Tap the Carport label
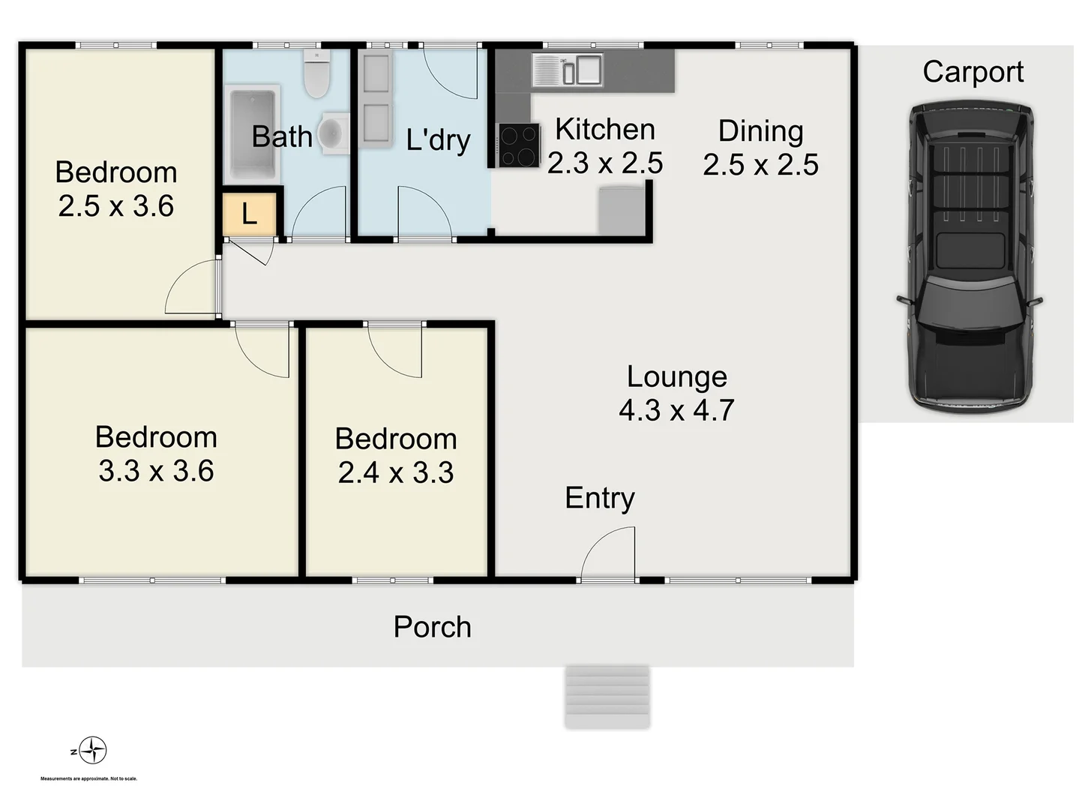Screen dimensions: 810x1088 click(x=973, y=72)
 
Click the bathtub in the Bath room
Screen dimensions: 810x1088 click(x=253, y=134)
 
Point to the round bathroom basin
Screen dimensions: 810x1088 click(x=332, y=133)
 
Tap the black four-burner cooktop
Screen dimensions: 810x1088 click(x=519, y=145)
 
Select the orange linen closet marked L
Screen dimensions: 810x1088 click(x=250, y=215)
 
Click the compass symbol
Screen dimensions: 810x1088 click(x=92, y=750)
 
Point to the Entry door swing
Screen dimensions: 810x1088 click(x=610, y=553)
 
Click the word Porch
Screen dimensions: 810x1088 click(x=432, y=627)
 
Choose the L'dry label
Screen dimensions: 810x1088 click(x=438, y=139)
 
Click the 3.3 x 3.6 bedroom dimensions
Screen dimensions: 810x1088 click(x=156, y=471)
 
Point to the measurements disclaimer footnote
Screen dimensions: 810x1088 click(x=88, y=778)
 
